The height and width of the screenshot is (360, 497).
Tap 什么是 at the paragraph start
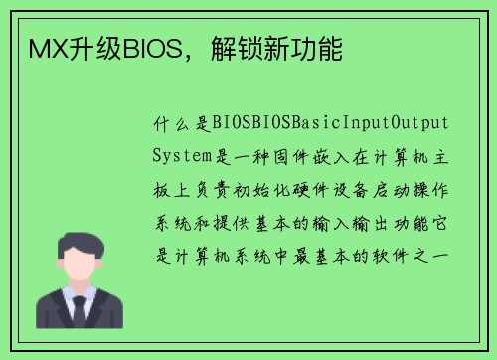pos(178,123)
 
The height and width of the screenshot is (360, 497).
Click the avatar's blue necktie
pos(80,307)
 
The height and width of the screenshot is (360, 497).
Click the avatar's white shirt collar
pos(69,294)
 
